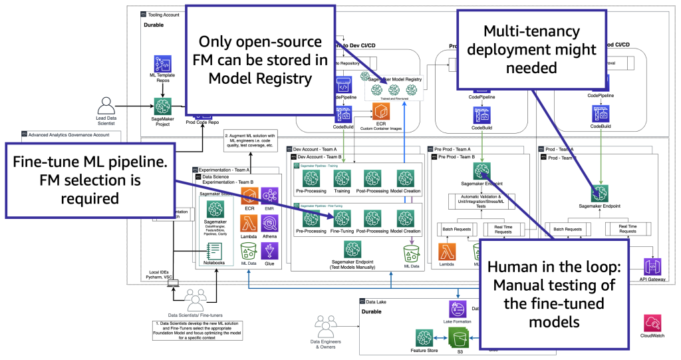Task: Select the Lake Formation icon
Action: (458, 309)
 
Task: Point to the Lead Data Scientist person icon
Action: (108, 106)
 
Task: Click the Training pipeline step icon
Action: (342, 178)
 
